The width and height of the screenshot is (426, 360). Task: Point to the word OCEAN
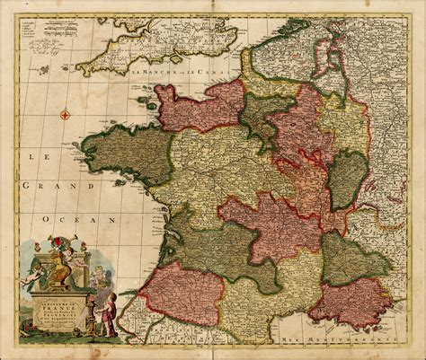click(94, 218)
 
